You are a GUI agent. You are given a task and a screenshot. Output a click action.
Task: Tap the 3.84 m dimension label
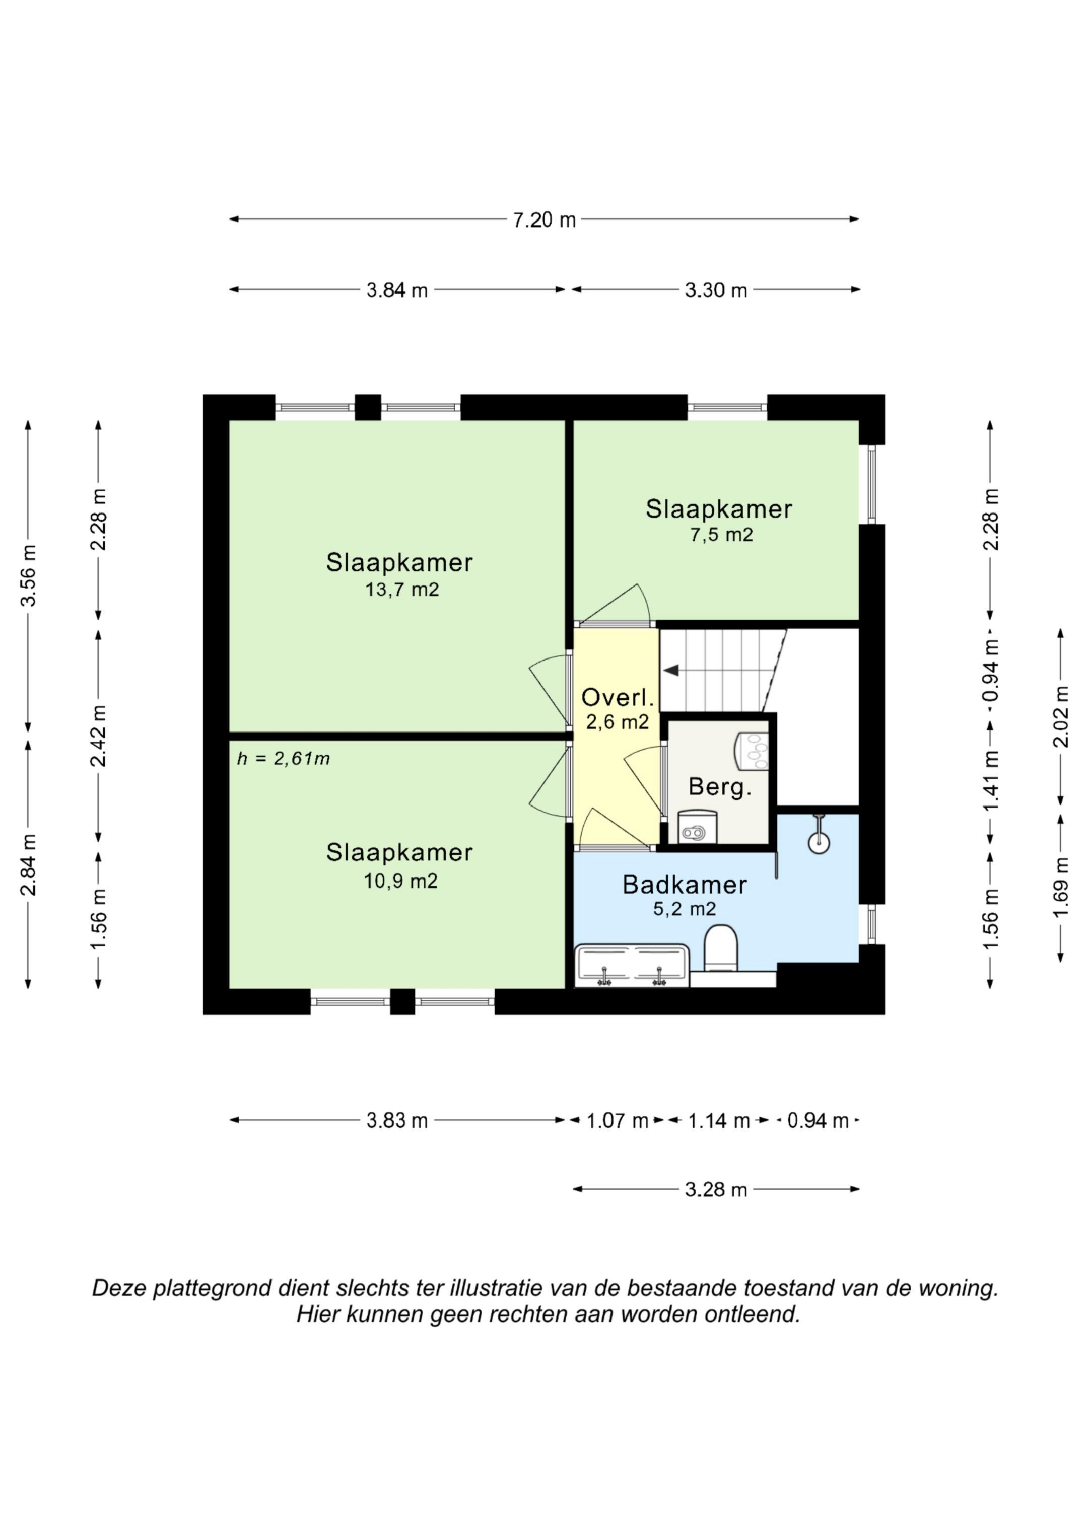[x=397, y=290]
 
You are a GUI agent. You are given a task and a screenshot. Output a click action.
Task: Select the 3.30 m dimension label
[x=716, y=290]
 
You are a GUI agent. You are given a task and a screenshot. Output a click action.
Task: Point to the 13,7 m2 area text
[x=401, y=590]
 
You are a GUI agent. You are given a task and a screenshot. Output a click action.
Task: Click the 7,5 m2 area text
[x=721, y=535]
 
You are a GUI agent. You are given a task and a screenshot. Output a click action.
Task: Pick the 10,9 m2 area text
[x=401, y=881]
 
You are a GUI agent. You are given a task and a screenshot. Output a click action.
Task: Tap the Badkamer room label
[x=685, y=885]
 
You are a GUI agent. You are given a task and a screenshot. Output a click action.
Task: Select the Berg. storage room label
[x=720, y=787]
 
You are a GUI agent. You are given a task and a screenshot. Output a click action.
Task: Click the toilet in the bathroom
[x=721, y=948]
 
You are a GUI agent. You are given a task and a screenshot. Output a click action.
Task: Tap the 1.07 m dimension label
[x=618, y=1121]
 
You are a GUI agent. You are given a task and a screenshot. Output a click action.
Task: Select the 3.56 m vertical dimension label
[x=28, y=576]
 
